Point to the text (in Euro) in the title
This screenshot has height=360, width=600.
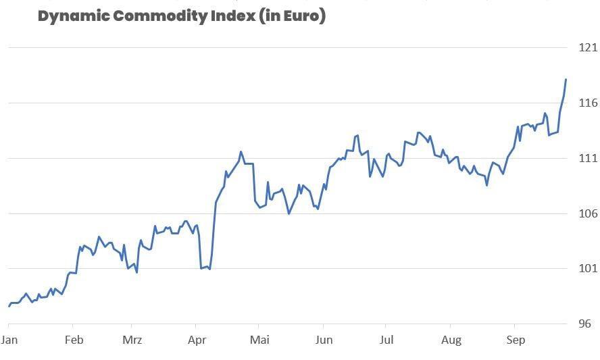293,16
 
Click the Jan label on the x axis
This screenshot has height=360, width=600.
9,340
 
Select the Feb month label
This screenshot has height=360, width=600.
74,340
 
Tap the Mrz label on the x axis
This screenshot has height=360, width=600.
132,340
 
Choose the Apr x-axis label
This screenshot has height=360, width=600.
197,340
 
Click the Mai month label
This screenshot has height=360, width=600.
259,340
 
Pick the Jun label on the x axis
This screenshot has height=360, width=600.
324,340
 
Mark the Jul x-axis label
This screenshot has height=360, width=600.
385,340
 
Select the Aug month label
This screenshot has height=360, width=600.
451,340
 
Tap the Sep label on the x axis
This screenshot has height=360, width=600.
516,340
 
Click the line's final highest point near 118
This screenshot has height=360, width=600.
566,80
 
